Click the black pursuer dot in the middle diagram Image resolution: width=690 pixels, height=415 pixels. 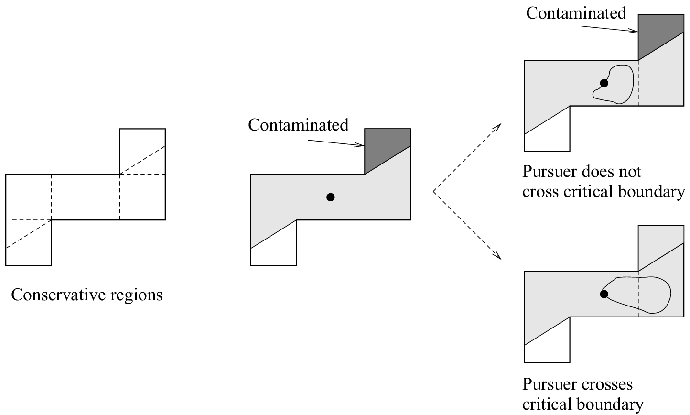point(330,197)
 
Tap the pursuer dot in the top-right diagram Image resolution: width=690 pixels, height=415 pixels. point(604,83)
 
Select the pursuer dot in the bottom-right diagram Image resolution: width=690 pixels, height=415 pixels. point(604,294)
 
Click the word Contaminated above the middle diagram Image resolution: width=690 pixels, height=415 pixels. point(298,125)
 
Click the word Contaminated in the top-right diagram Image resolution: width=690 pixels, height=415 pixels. point(576,13)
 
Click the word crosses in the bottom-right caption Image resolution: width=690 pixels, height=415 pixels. point(606,384)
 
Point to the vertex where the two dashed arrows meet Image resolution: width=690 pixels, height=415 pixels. point(433,191)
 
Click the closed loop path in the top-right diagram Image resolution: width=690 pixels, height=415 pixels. point(633,81)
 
